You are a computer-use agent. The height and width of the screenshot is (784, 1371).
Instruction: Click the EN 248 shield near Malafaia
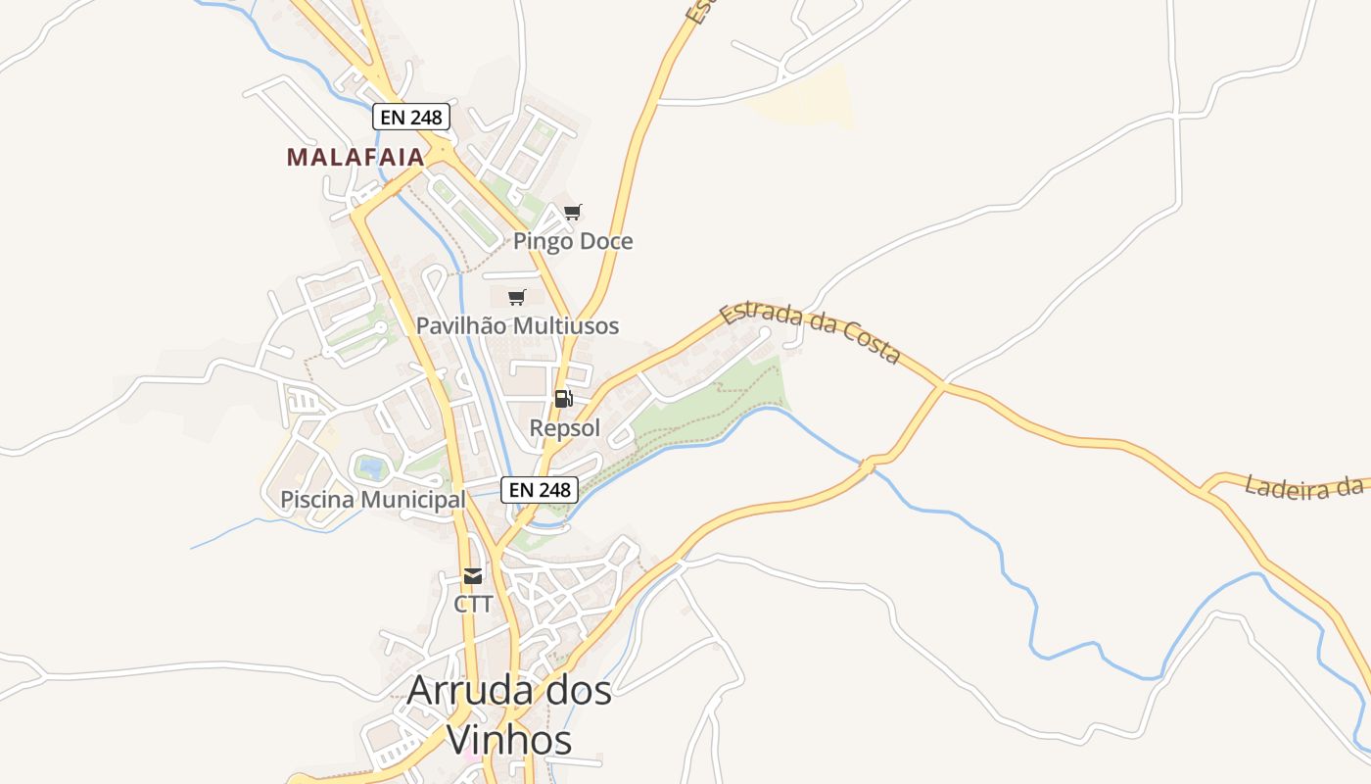point(411,118)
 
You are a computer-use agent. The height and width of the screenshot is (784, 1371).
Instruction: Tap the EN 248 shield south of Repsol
point(540,489)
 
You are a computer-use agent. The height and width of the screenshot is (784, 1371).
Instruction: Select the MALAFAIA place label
point(355,157)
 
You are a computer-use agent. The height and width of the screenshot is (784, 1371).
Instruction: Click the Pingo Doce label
point(573,241)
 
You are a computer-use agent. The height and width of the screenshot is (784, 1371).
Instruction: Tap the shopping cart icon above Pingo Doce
point(573,212)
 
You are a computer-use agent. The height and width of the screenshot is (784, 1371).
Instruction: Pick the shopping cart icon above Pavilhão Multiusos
point(516,297)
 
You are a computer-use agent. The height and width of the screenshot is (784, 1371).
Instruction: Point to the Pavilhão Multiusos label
point(517,325)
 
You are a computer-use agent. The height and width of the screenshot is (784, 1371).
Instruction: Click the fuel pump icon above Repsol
point(563,399)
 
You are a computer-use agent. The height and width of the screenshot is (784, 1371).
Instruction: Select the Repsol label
point(564,428)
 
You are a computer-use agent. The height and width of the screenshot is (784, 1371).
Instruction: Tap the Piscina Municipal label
point(373,500)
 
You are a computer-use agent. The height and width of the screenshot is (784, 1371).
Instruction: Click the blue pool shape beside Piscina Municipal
point(370,466)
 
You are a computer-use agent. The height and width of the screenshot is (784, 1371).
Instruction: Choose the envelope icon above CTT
point(473,575)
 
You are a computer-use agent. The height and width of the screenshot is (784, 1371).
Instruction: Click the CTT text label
point(473,604)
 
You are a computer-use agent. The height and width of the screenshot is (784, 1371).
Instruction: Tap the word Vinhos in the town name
point(509,740)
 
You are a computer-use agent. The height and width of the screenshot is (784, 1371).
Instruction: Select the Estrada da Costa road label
point(809,333)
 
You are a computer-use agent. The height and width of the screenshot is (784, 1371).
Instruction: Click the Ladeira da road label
point(1304,486)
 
